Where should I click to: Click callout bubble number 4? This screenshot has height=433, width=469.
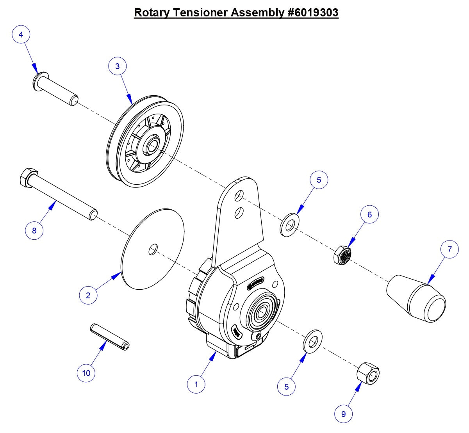[21, 34]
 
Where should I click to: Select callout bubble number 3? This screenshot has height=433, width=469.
[118, 66]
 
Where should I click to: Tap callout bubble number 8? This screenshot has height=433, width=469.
[34, 230]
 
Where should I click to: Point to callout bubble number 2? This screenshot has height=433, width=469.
[88, 295]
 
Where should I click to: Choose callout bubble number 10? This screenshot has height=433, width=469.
[86, 373]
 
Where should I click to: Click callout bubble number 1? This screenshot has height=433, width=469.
[196, 384]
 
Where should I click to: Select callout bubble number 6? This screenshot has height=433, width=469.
[369, 214]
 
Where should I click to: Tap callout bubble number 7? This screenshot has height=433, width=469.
[449, 249]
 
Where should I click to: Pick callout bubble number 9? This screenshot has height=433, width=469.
[344, 414]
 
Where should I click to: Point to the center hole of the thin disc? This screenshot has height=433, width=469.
[153, 249]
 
